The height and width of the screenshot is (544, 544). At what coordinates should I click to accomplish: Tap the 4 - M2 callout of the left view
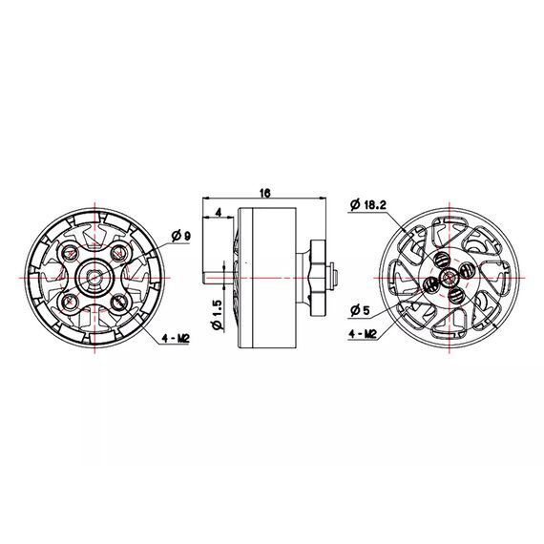174,338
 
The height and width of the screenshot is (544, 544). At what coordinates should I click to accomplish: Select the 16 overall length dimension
264,194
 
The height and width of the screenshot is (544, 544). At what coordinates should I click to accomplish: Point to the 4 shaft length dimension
220,212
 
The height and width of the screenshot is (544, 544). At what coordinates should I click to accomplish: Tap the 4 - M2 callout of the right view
366,334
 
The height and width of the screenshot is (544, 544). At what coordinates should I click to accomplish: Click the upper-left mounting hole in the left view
72,251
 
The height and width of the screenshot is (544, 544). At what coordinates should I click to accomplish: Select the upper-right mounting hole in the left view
118,251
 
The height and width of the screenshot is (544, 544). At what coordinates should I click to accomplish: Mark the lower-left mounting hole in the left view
72,302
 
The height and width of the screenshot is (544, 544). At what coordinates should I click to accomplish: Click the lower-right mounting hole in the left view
118,302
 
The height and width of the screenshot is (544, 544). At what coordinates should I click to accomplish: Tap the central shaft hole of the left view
95,277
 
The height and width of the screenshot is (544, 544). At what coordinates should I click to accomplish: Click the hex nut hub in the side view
317,277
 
